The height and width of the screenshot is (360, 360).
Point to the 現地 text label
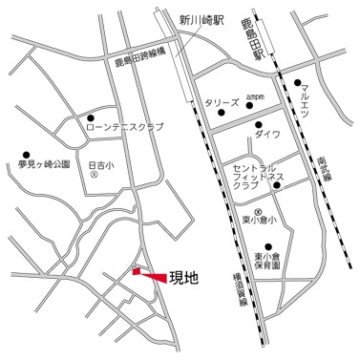click(183, 279)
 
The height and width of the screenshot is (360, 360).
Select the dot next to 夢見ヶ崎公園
click(27, 154)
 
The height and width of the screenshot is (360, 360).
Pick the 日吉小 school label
click(99, 165)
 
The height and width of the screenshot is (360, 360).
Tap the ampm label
click(255, 96)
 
